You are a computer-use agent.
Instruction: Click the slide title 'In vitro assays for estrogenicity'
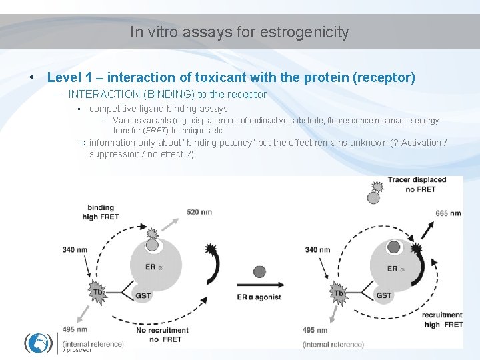[x=239, y=32]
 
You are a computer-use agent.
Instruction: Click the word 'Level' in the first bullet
[x=64, y=77]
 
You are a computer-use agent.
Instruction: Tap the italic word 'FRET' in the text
[x=156, y=131]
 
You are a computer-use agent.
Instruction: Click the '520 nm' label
[x=200, y=212]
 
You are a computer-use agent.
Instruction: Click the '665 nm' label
[x=448, y=213]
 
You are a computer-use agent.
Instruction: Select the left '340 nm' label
[x=74, y=250]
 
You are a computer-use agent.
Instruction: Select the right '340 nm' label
[x=317, y=250]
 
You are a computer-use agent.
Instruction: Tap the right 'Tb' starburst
[x=339, y=293]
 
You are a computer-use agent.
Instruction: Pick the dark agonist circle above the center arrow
[x=259, y=271]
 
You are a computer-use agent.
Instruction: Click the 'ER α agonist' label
[x=259, y=297]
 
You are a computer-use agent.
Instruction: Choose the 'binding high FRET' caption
[x=101, y=212]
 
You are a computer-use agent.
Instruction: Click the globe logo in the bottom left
[x=39, y=343]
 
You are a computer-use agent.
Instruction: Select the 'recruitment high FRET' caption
[x=442, y=320]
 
